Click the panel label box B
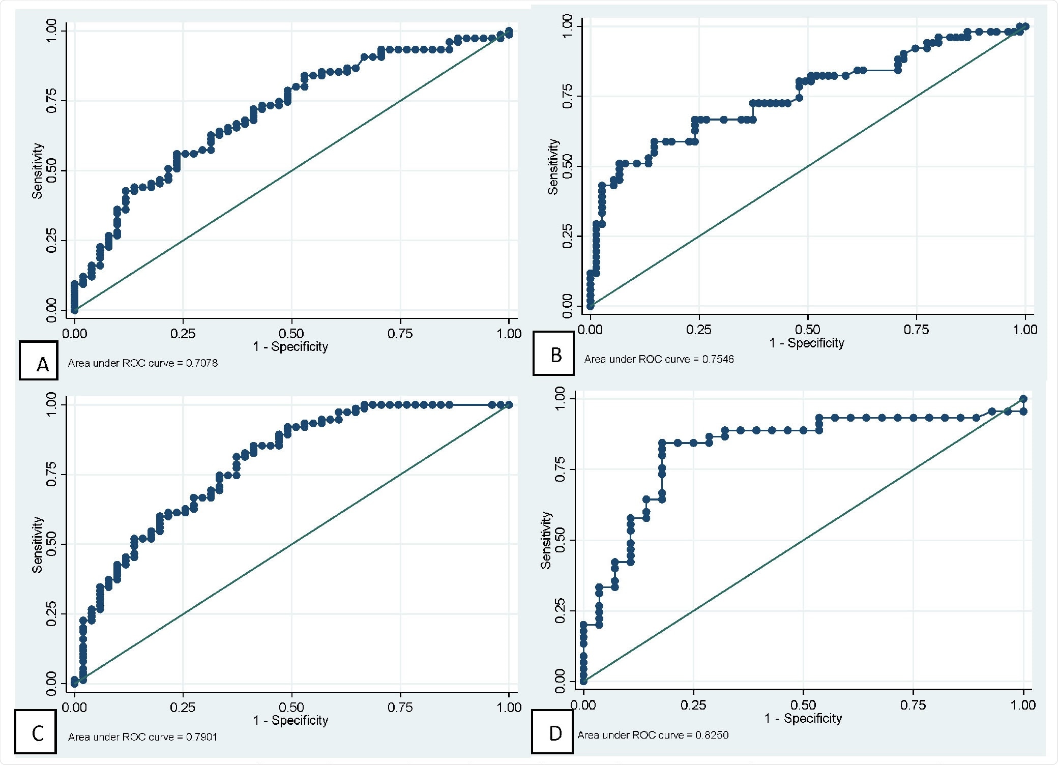[x=553, y=354]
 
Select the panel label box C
[x=36, y=731]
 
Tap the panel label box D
[x=552, y=731]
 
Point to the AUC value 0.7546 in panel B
[x=718, y=359]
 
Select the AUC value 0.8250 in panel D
[x=712, y=735]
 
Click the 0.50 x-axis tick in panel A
[x=291, y=334]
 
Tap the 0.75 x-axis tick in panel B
[x=916, y=330]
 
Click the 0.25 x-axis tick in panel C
[x=183, y=707]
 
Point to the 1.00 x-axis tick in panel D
[x=1023, y=705]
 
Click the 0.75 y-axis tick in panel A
[x=52, y=100]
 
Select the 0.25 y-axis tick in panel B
[x=568, y=236]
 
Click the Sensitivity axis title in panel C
[x=37, y=544]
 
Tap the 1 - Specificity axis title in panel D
[x=803, y=718]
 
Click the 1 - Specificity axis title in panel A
[x=290, y=347]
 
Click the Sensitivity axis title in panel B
[x=553, y=166]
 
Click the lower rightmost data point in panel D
[x=1023, y=411]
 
